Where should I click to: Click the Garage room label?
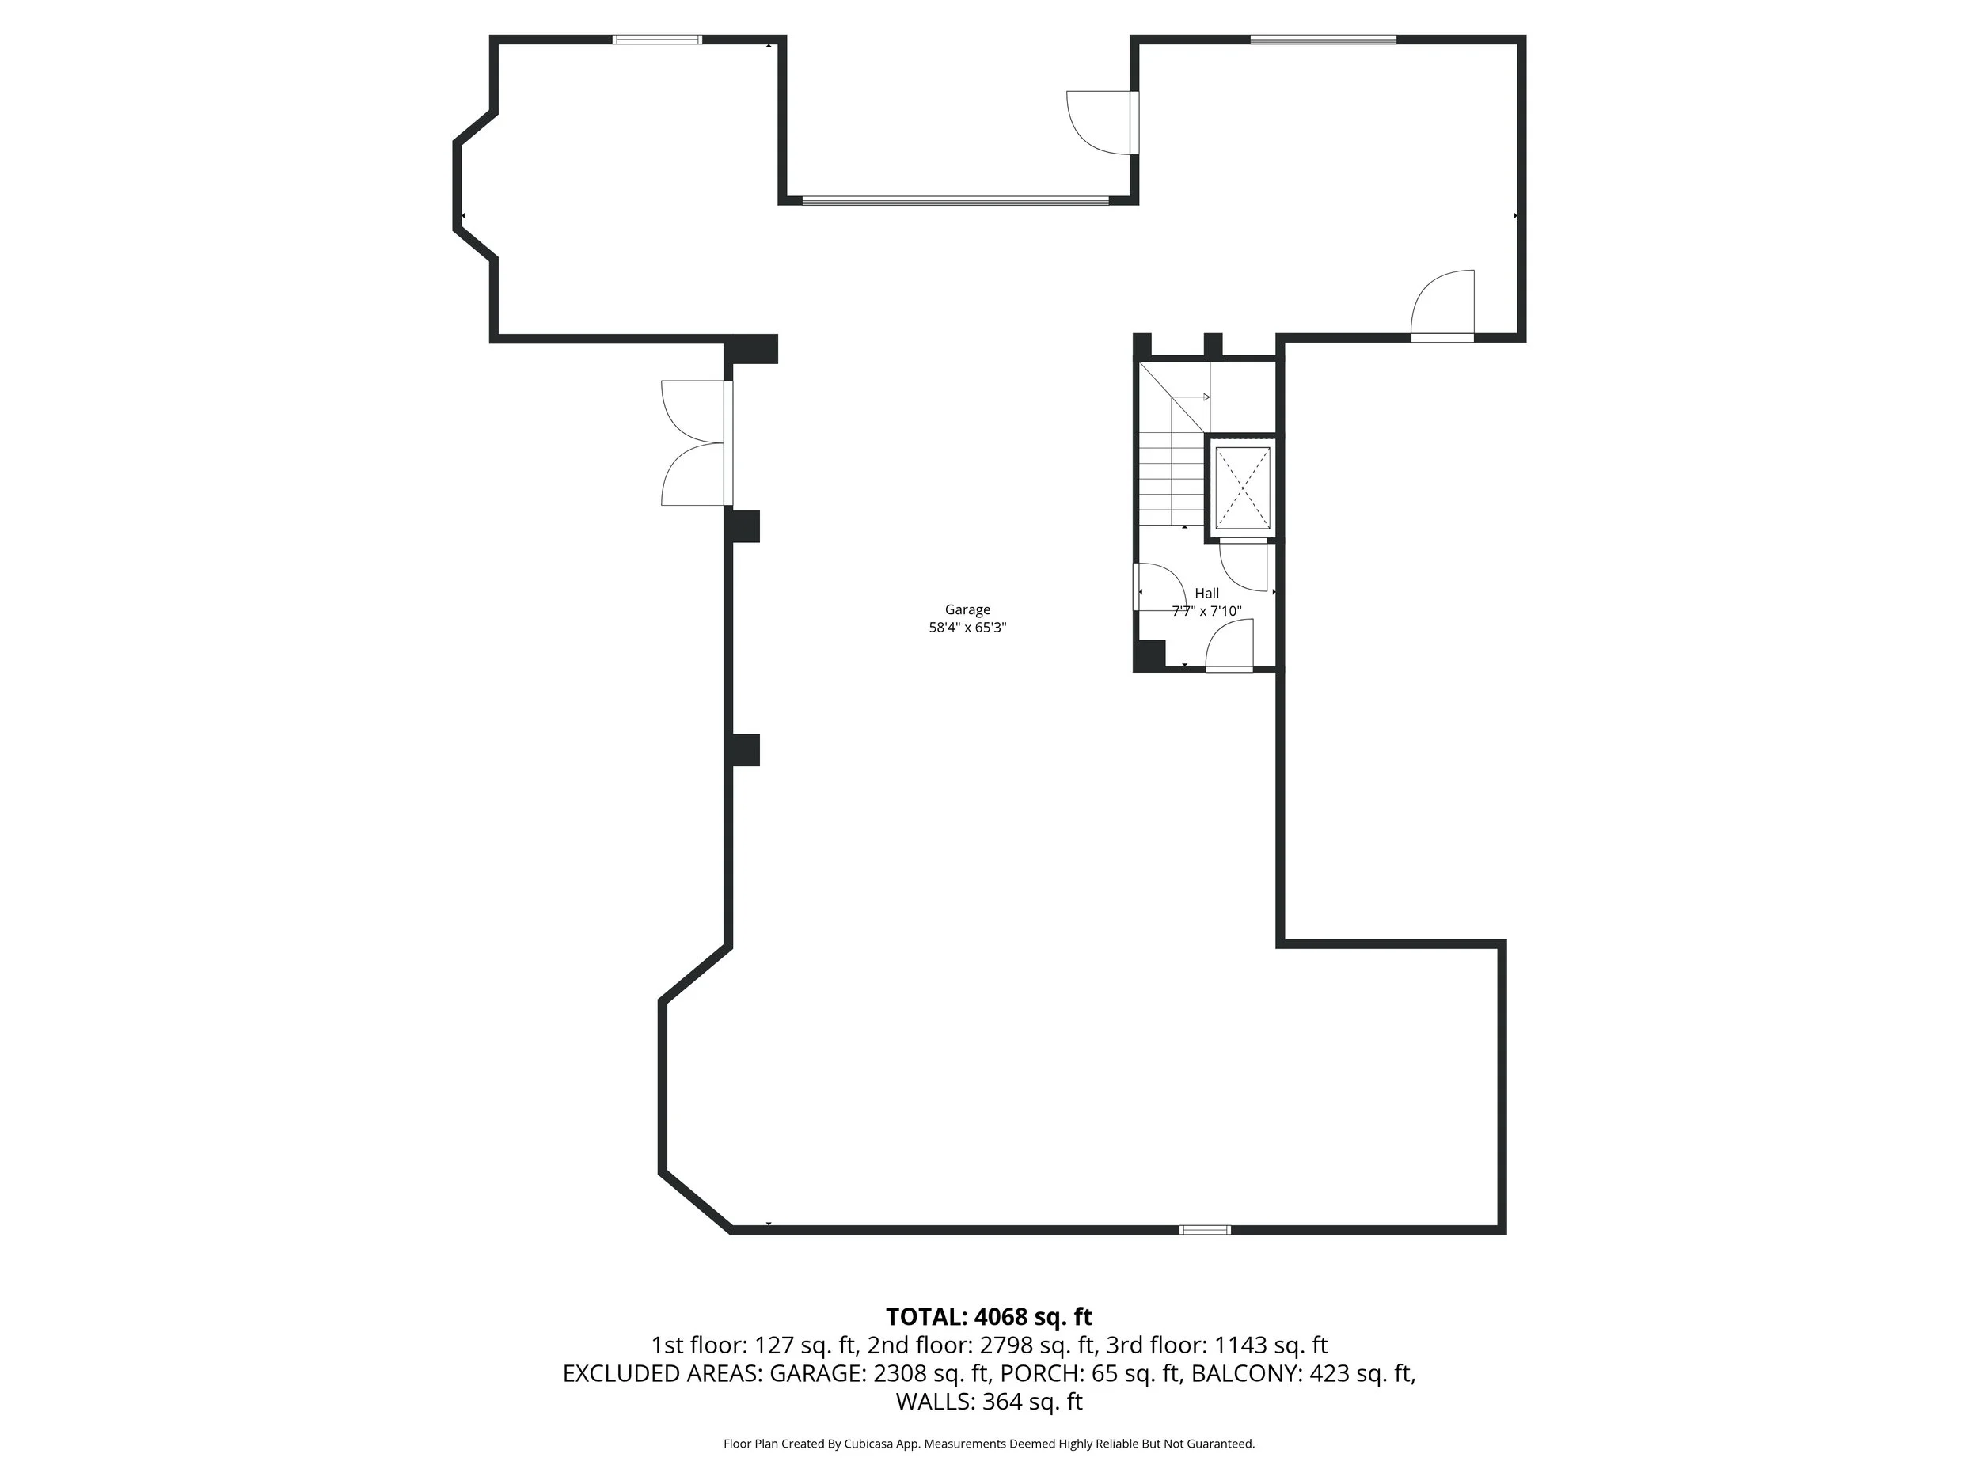[967, 609]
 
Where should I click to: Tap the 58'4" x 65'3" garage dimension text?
[967, 628]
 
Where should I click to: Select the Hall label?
[1206, 593]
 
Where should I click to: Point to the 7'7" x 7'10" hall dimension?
[1206, 612]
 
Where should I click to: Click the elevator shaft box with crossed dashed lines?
[1243, 488]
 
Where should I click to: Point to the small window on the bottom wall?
[1204, 1230]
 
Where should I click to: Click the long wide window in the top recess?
[955, 200]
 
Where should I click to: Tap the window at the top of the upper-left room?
[657, 40]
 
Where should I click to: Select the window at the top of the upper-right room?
[1322, 40]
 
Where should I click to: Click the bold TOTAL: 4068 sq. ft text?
[989, 1318]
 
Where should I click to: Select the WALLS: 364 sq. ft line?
[989, 1402]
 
